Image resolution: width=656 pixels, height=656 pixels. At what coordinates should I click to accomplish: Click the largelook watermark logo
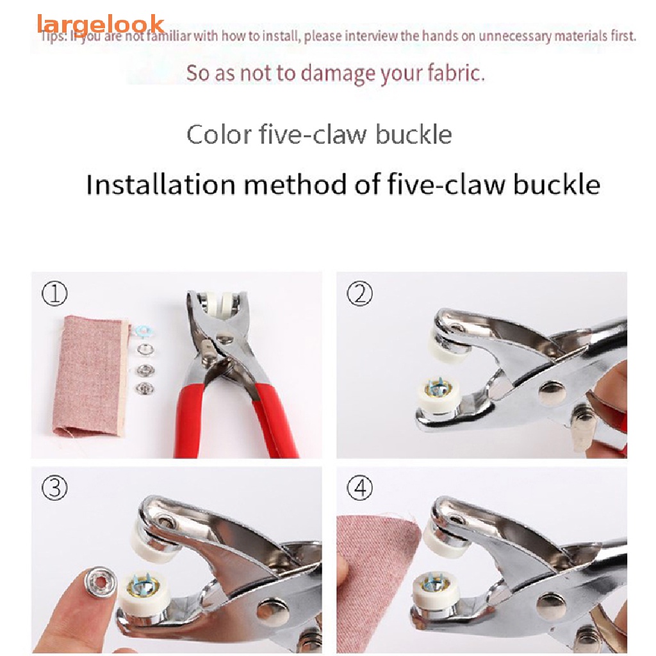(x=101, y=24)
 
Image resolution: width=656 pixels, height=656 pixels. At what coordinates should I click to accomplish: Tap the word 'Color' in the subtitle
(x=217, y=135)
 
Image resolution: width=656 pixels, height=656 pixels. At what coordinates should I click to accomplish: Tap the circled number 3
(x=54, y=489)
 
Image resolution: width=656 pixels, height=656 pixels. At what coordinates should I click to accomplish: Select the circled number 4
(x=359, y=489)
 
